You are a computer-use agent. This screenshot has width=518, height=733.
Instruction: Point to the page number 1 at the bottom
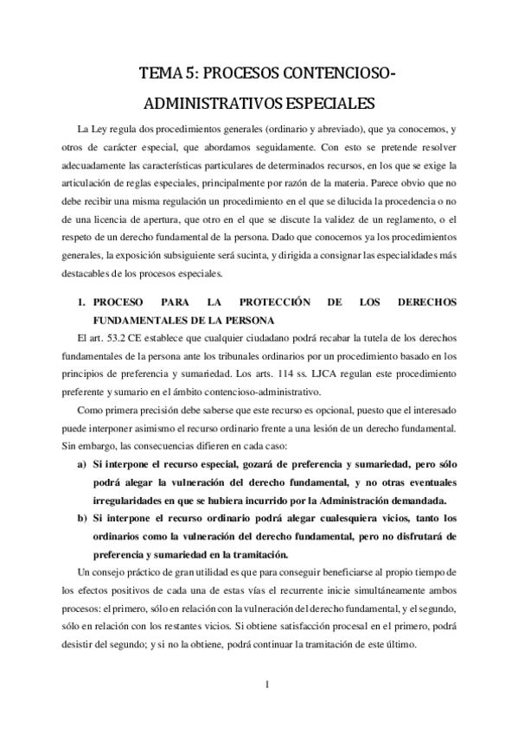269,686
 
